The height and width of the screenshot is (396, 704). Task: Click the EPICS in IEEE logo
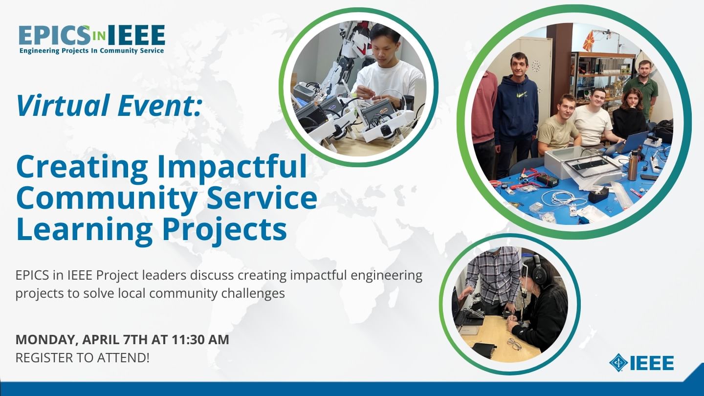[92, 39]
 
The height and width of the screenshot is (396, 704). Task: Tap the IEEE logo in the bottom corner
[641, 363]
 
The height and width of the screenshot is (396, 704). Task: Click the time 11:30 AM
[200, 340]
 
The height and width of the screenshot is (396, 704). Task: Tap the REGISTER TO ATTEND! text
[82, 358]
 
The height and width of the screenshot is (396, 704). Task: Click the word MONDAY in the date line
[47, 340]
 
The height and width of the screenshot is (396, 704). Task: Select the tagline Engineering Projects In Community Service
[92, 51]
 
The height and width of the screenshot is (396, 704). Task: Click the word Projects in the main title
[224, 229]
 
